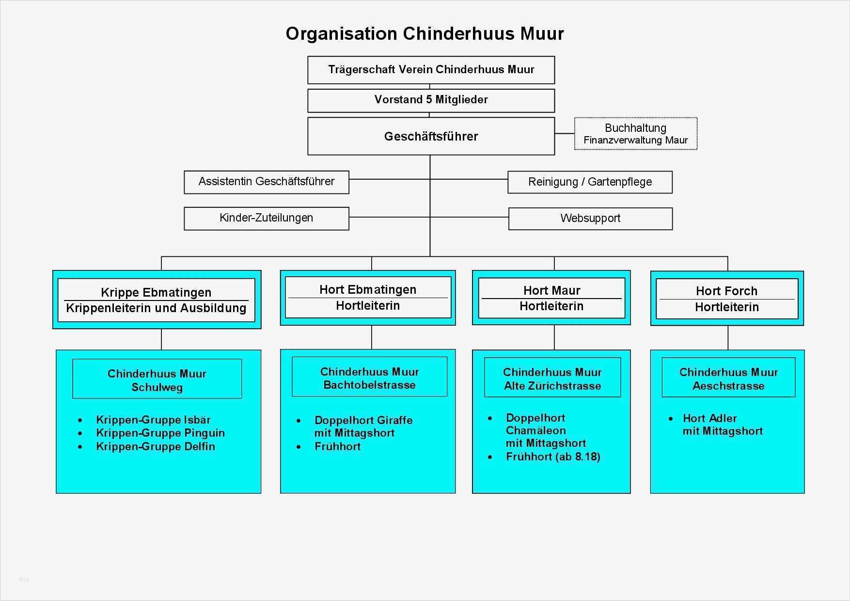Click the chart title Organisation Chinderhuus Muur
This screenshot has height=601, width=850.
coord(425,33)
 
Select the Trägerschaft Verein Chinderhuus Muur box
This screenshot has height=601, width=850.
coord(431,70)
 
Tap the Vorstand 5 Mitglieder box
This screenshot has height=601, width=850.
coord(431,100)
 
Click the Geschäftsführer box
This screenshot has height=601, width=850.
coord(431,136)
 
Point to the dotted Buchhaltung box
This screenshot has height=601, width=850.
coord(635,134)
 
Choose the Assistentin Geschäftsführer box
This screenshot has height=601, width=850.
coord(266,182)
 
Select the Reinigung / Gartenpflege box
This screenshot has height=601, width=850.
coord(590,182)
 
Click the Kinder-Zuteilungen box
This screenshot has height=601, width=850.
coord(266,218)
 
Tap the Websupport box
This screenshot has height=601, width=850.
coord(590,219)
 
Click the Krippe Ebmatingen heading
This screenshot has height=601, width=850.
coord(156,292)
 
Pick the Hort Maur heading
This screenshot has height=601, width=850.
coord(551,290)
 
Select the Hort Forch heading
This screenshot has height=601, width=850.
coord(726,291)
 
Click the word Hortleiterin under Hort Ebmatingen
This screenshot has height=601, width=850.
coord(368,306)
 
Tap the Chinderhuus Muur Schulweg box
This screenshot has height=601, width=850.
coord(157,380)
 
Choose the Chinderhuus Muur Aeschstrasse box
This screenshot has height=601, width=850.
coord(728,379)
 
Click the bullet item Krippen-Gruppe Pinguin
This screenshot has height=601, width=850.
coord(160,433)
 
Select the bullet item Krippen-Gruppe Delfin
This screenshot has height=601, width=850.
coord(156,446)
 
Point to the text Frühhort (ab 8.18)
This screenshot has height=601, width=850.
coord(553,457)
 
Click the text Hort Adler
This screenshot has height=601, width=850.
coord(709,418)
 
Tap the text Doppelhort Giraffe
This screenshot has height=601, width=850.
coord(363,420)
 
